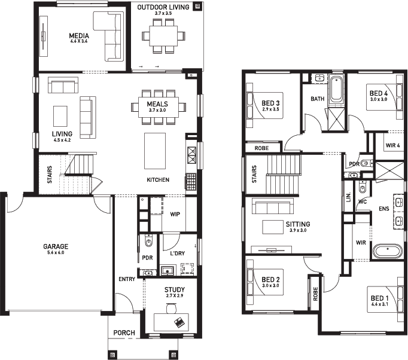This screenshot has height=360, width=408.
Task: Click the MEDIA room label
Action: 78,35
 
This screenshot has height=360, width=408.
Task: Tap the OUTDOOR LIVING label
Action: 163,7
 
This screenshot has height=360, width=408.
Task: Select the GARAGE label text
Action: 56,246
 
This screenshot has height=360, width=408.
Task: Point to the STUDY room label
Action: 175,289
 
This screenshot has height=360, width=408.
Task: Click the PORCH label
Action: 124,333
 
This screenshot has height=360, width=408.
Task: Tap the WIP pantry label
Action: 175,213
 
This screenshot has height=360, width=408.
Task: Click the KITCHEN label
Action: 159,180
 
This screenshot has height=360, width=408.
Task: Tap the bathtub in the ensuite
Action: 389,250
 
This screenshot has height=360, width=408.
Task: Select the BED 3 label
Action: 270,103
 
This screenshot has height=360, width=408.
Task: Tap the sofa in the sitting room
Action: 272,207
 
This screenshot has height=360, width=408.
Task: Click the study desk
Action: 171,322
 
